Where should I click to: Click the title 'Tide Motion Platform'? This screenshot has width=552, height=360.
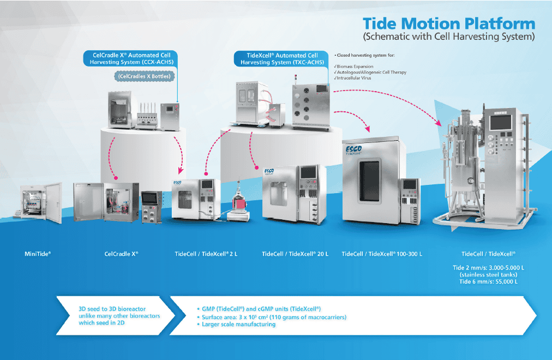click(x=449, y=24)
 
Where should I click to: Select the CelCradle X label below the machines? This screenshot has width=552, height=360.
click(x=121, y=254)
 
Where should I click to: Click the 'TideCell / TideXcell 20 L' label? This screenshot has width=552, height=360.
click(x=295, y=254)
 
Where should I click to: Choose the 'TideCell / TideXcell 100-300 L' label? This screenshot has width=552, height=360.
click(x=382, y=254)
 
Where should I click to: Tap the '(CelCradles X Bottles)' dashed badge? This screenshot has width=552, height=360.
click(x=144, y=76)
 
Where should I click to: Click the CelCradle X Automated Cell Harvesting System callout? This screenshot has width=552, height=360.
click(x=131, y=58)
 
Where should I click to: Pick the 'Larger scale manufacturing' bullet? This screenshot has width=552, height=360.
click(x=238, y=325)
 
